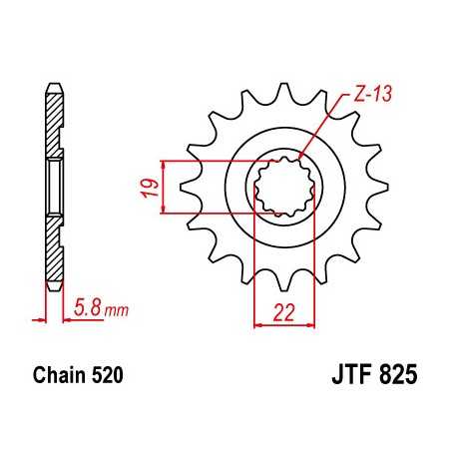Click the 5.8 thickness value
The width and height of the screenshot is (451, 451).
(86, 310)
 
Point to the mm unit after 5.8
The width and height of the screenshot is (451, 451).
(116, 311)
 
